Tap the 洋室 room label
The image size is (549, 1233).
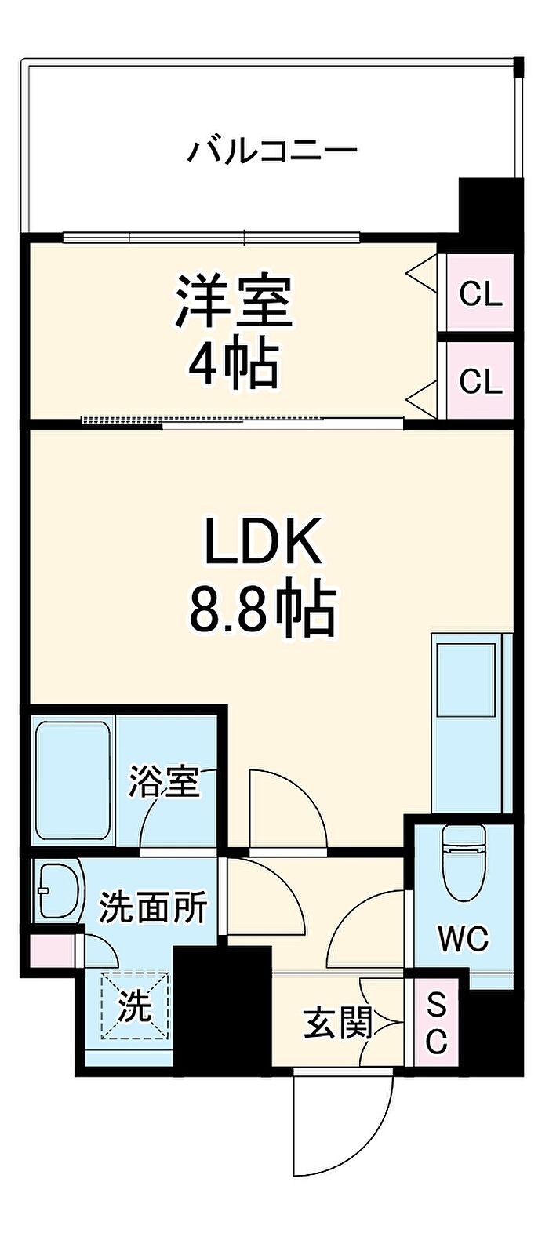234,302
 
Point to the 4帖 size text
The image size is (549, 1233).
234,366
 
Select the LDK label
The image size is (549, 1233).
264,541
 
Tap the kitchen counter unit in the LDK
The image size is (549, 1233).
471,722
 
